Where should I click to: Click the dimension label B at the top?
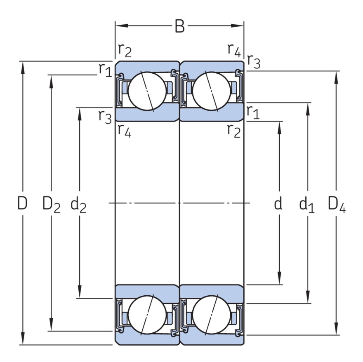179,26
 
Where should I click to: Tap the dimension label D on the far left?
22,203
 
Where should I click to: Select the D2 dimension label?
52,204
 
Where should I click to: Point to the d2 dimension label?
78,204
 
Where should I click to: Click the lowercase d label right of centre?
279,203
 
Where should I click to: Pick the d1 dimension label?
307,204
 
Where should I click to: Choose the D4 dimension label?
337,204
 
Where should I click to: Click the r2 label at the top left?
125,50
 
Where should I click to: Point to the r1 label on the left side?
105,70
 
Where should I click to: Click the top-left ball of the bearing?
147,91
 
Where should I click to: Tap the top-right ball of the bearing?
212,91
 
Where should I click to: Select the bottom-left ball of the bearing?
147,315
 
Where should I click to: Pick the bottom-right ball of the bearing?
212,315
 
